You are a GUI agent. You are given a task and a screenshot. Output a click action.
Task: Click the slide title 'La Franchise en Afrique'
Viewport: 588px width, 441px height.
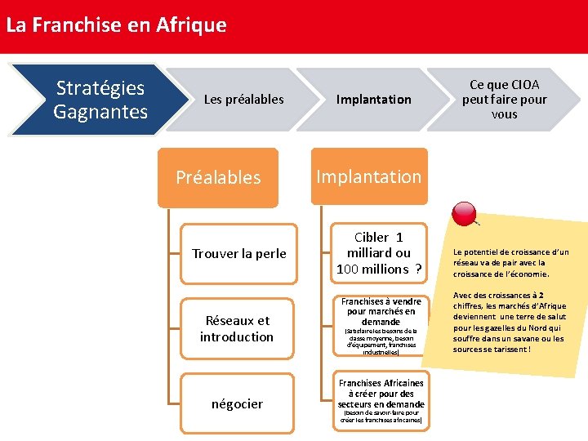coord(116,24)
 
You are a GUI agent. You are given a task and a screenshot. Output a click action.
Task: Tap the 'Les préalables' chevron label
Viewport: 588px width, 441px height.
coord(243,100)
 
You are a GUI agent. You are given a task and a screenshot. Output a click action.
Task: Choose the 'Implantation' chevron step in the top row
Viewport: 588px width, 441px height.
coord(374,100)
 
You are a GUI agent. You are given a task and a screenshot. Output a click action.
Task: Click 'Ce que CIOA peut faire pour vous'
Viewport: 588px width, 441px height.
coord(504,100)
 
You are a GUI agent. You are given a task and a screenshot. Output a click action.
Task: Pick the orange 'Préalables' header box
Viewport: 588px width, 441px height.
coord(218,177)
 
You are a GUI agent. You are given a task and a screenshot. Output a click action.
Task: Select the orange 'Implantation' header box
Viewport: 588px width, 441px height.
coord(369,176)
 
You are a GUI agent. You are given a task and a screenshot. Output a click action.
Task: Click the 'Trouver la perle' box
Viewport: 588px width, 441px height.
coord(238,253)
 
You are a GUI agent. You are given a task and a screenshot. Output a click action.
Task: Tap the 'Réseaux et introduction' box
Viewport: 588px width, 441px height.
coord(237,328)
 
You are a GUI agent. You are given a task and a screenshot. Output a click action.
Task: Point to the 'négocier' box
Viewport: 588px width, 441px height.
coord(237,403)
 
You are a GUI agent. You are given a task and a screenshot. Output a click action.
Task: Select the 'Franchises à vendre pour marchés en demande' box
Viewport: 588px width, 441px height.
coord(381,327)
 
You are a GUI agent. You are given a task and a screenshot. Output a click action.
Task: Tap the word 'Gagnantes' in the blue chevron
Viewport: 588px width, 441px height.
coord(100,110)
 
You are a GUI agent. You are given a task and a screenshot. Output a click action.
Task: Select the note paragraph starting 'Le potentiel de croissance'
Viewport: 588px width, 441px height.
coord(510,263)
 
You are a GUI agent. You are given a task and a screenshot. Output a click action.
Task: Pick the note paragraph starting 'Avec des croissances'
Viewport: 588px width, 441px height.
coord(510,323)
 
